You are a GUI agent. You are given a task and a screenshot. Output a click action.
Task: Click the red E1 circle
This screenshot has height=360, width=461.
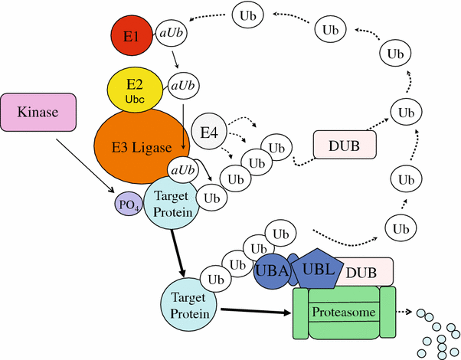(x=132, y=36)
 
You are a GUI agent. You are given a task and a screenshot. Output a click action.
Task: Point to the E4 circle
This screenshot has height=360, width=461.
(x=209, y=134)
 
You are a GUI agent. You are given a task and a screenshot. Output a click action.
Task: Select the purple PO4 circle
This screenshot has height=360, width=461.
(x=126, y=205)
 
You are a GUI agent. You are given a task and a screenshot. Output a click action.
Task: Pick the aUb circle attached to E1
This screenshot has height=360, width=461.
(x=171, y=34)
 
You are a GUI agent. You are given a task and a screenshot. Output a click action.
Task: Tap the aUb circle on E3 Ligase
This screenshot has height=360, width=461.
(x=184, y=169)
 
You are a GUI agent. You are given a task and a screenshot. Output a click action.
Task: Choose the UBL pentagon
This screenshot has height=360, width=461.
(x=316, y=269)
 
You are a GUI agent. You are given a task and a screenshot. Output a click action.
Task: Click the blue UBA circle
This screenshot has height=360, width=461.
(x=272, y=272)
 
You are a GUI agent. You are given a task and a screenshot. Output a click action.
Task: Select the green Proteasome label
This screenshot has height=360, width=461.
(x=343, y=313)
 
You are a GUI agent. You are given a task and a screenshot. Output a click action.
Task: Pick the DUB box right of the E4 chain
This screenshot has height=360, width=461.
(x=346, y=145)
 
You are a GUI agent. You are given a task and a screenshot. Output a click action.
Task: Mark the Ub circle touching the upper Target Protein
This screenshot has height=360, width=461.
(x=210, y=197)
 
